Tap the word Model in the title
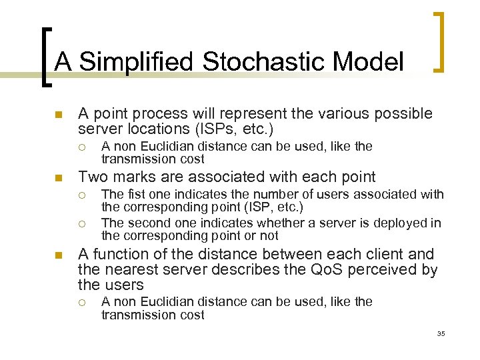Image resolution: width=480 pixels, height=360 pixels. (370, 62)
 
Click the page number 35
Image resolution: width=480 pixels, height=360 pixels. (441, 333)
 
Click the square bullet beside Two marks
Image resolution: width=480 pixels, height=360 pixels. (58, 177)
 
